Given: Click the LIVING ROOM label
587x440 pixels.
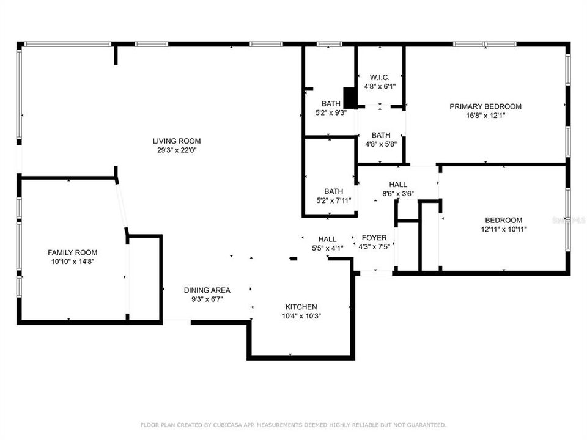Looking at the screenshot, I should pos(177,141).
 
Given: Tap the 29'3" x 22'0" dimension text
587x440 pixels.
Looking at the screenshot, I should pos(177,150).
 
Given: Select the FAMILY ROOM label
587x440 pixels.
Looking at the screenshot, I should pos(73,252).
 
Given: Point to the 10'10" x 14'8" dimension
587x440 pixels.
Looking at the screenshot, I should pos(73,261).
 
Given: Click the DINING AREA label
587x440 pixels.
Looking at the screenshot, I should pos(207,290).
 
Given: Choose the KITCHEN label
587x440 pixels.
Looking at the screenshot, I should pos(301,307).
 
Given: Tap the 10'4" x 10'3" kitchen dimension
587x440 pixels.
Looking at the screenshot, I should pos(301,316).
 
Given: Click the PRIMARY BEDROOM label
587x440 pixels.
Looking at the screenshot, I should pos(485,106).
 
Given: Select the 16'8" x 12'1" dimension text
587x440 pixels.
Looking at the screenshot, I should pos(485,116).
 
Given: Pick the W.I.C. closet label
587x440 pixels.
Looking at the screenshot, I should pos(380,78).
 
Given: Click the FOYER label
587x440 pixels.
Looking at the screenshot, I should pos(374,238).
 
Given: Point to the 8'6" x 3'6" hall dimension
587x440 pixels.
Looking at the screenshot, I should pos(398,194).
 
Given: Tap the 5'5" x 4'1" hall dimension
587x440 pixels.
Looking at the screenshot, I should pos(327,248).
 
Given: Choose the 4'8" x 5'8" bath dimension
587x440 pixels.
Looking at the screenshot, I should pos(380,144).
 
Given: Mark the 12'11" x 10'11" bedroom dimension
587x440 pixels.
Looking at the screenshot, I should pos(503,230).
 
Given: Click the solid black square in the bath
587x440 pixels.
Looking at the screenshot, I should pos(350,98).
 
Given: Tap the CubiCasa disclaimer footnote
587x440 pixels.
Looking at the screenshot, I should pos(293,425).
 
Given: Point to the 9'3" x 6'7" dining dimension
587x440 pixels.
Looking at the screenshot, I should pos(207,299).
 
